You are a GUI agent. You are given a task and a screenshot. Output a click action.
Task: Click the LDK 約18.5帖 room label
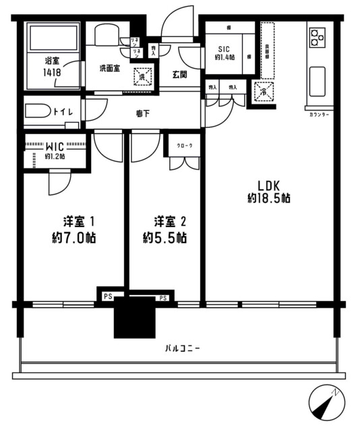point(268,192)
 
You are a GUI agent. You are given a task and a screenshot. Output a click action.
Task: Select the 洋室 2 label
point(164,230)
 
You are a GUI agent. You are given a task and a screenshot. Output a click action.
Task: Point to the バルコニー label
point(182,348)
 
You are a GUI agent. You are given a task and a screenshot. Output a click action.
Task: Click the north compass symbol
point(326,403)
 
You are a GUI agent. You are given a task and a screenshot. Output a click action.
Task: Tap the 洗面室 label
point(110,68)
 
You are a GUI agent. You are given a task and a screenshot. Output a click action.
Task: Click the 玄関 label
point(179,75)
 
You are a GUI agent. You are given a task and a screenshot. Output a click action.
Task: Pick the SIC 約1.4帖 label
point(223,52)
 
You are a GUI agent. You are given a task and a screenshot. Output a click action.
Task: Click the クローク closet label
point(183,146)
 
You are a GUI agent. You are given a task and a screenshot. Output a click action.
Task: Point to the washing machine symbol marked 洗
point(142,76)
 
